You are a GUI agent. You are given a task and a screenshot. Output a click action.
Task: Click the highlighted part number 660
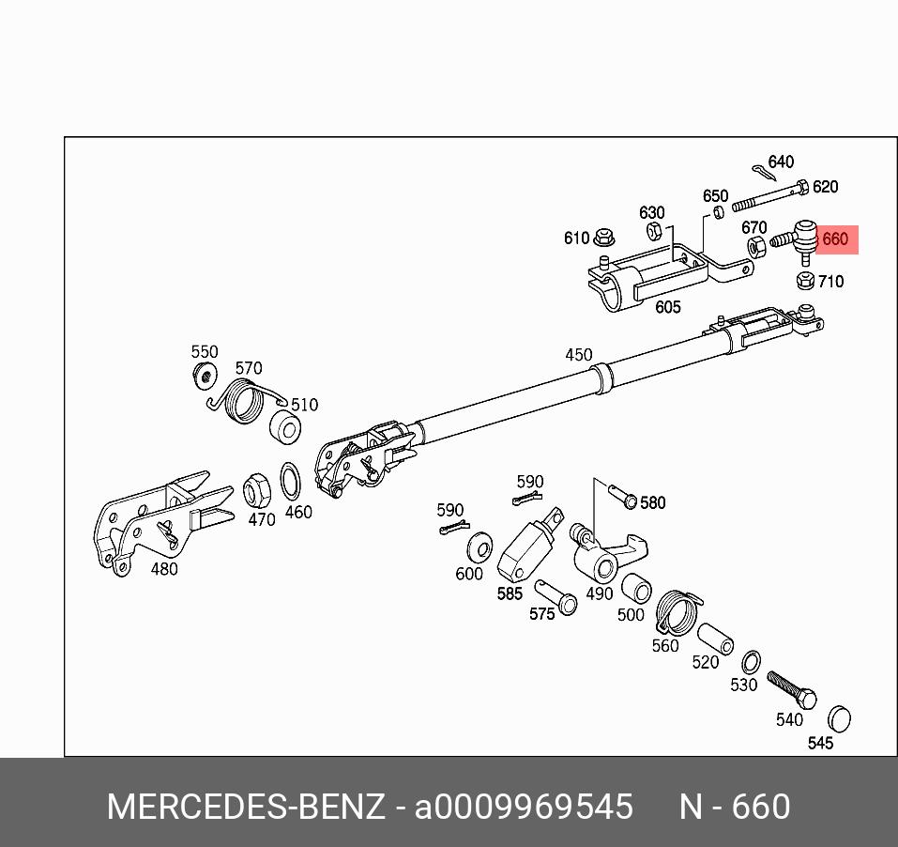tap(835, 239)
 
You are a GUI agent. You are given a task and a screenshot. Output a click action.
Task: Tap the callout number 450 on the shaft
tap(579, 355)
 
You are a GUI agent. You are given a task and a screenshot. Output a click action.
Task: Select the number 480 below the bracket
tap(163, 569)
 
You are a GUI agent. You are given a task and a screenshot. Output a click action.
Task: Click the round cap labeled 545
tap(838, 719)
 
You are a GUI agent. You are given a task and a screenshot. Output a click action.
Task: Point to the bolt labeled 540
tap(792, 690)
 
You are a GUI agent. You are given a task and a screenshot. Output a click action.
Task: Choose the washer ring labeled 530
tap(751, 662)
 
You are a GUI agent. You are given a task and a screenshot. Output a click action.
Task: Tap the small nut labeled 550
tap(204, 377)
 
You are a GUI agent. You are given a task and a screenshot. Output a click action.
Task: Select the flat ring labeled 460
tap(293, 482)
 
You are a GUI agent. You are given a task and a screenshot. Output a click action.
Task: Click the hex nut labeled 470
tap(257, 490)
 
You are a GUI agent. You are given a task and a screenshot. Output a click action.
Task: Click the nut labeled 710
tap(804, 280)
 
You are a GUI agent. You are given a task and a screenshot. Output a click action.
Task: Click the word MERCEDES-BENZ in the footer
tap(245, 807)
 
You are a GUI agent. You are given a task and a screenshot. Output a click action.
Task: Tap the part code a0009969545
tap(524, 807)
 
